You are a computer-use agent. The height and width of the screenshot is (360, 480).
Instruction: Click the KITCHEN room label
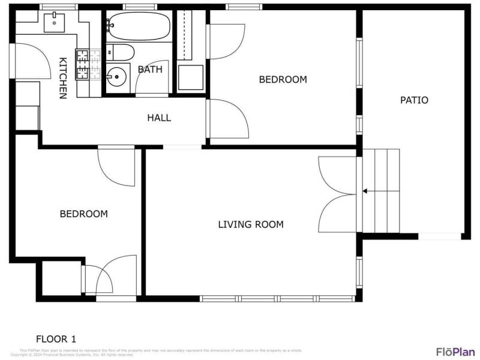pos(62,77)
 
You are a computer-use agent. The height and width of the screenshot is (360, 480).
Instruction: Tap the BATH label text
pos(150,70)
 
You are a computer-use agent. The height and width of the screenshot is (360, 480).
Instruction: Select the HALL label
pos(159,118)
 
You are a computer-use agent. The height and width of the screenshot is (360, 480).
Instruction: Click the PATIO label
pos(414,100)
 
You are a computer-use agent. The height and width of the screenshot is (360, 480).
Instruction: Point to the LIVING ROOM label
pos(250,224)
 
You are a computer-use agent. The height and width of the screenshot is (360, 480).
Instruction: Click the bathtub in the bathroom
pos(139,26)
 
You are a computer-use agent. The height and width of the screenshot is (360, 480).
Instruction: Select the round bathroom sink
pos(117,77)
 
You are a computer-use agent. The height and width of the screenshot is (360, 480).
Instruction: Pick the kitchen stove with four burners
pos(82,65)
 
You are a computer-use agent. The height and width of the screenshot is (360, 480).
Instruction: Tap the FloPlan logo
pos(455,352)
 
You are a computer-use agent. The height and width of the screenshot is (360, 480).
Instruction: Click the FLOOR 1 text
pos(56,338)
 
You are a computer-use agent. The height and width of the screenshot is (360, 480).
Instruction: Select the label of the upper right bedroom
pos(283,79)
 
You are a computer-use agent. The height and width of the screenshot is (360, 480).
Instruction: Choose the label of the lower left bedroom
pos(84,214)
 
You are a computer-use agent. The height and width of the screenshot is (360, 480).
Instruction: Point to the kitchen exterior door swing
pos(27,60)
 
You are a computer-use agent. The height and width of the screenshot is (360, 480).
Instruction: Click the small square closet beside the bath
pos(191,77)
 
